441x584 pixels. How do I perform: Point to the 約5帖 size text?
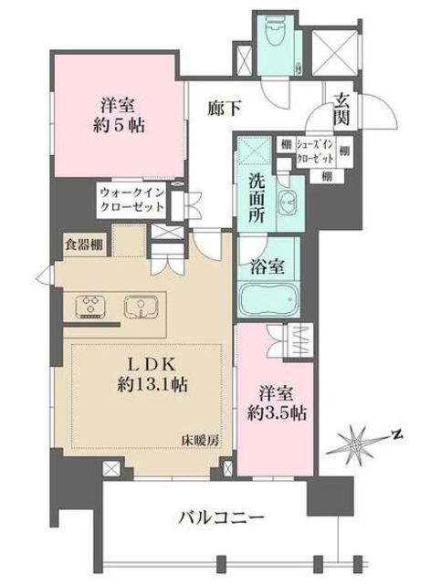tap(112, 124)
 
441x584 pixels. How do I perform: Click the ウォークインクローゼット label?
tap(132, 200)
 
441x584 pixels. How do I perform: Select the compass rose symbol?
tap(358, 445)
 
